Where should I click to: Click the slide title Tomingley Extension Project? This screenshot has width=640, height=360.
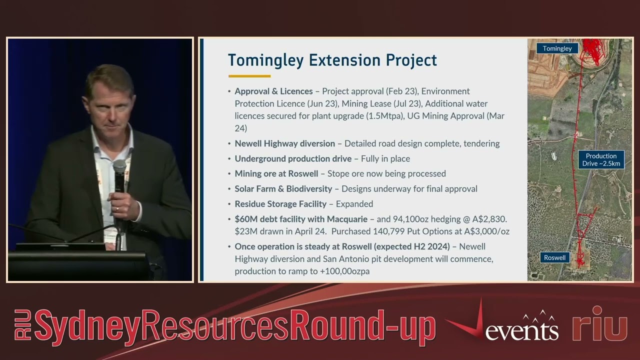(332, 60)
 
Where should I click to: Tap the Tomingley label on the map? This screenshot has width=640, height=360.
(557, 48)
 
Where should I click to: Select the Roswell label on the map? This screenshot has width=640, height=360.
(554, 257)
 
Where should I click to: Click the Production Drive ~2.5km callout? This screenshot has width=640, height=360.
(601, 159)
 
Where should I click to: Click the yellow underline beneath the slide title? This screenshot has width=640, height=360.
(249, 76)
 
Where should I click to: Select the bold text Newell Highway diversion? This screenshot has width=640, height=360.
(284, 143)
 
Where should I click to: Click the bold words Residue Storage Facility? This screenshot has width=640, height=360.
(280, 204)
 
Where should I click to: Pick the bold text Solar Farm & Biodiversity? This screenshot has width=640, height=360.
(283, 189)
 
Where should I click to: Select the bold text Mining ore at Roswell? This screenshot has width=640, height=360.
(276, 173)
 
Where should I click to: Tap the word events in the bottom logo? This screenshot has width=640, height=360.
(521, 331)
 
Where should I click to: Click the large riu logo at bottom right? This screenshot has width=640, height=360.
(599, 324)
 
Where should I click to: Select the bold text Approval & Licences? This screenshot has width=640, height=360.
(273, 91)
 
